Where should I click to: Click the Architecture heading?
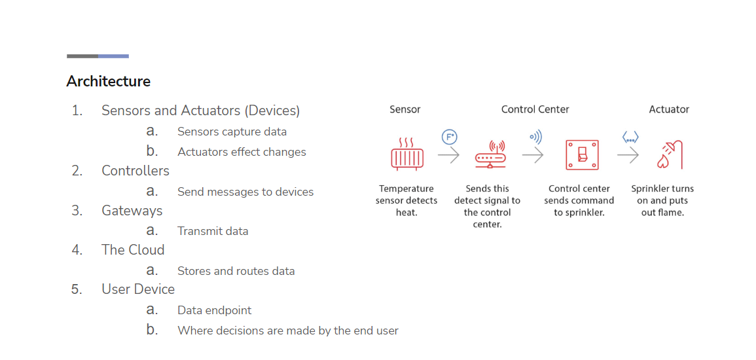109,81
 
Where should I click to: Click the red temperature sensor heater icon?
407,154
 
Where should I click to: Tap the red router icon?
490,154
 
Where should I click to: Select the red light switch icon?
582,154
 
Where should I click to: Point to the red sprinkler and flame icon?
670,155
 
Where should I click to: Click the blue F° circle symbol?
450,137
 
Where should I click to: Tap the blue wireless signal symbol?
535,137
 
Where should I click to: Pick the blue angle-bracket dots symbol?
630,138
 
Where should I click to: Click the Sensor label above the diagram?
405,109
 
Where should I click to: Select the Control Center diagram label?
535,109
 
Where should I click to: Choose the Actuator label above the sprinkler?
669,109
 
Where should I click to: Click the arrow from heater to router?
448,155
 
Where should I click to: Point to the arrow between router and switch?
532,155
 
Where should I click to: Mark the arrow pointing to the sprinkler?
628,155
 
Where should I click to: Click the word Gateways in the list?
132,211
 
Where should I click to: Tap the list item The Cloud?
133,249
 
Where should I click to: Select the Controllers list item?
135,171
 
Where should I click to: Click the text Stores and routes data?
236,271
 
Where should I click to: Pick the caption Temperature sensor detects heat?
406,200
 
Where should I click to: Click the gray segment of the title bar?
82,56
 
